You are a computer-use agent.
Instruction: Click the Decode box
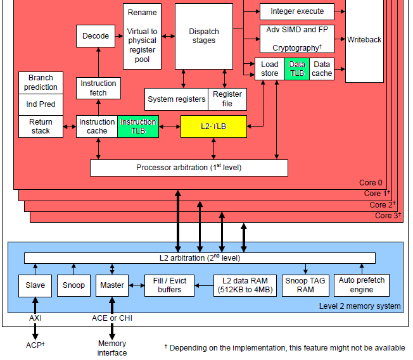coord(96,36)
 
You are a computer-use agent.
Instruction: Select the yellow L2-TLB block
coord(213,127)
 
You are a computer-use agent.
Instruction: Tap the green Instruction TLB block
coord(138,127)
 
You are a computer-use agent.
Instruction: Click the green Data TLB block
coord(296,69)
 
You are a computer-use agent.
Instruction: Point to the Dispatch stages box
coord(203,36)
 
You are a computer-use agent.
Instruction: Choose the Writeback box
coord(364,40)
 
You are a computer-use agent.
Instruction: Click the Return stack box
coord(41,127)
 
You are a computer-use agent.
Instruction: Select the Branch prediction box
coord(41,82)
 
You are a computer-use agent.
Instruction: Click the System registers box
coord(177,99)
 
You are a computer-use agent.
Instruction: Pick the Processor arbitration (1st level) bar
coord(189,168)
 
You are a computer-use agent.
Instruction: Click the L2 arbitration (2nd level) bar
coord(200,258)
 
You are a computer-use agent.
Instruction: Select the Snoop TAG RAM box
coord(305,285)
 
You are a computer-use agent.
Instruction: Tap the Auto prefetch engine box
coord(361,285)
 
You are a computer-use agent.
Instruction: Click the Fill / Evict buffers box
coord(169,285)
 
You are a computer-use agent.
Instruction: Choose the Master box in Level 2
coord(112,285)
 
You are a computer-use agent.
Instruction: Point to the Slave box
coord(35,285)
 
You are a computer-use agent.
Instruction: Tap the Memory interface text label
coord(111,348)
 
